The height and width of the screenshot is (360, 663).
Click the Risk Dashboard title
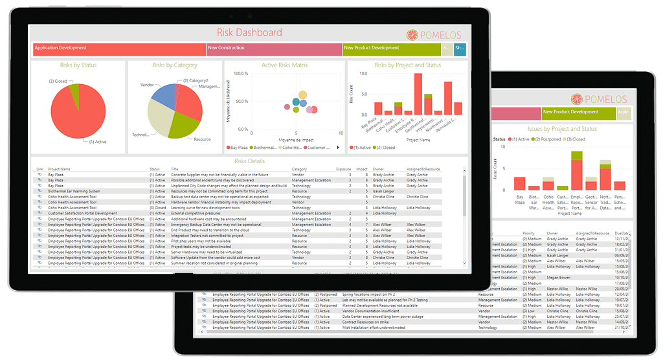249,32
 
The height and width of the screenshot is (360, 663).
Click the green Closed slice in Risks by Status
74,90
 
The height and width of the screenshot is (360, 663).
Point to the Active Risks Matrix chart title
285,65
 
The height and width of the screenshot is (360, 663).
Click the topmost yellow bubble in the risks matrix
302,95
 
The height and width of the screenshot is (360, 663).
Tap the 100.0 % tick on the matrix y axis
240,74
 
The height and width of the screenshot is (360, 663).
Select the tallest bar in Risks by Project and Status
418,94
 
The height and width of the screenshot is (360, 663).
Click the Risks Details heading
249,161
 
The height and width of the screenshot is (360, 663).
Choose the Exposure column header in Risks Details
343,170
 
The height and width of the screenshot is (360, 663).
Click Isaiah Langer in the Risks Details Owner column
383,192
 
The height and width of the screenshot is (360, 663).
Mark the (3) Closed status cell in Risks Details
157,207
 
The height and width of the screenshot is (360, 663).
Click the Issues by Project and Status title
562,129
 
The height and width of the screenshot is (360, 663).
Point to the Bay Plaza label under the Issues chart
520,199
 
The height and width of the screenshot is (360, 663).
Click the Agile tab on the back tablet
623,112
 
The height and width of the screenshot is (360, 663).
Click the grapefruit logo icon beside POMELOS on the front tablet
414,36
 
